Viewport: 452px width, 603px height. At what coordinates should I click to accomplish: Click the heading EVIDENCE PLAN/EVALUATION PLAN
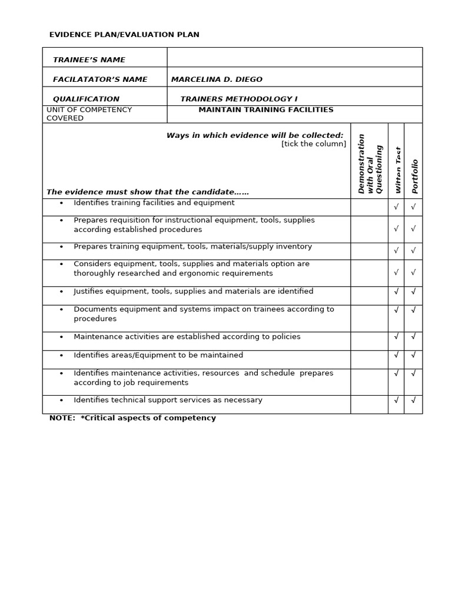click(x=124, y=35)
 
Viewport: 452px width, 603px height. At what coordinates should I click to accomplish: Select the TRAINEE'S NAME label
click(x=89, y=60)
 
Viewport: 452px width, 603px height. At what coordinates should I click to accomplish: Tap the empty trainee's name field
click(x=294, y=57)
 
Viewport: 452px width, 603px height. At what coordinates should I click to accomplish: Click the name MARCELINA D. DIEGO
click(x=217, y=79)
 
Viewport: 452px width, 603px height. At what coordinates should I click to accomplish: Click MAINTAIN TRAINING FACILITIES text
click(x=265, y=110)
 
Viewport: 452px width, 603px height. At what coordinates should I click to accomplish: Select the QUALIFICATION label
click(x=86, y=99)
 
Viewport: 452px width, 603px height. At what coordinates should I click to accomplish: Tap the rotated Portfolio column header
click(x=415, y=176)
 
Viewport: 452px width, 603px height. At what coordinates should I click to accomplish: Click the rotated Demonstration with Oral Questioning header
click(x=370, y=164)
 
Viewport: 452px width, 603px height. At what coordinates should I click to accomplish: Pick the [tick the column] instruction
click(x=314, y=144)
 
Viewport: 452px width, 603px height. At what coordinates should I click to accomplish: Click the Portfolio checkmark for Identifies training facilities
click(x=413, y=207)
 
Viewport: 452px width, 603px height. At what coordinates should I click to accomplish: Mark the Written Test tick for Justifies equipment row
click(x=396, y=291)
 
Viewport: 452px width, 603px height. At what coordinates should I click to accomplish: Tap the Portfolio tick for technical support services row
click(x=413, y=400)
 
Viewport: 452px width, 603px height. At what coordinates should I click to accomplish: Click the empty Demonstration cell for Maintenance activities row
click(x=369, y=341)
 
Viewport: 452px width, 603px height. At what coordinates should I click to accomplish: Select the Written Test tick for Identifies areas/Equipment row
click(x=396, y=354)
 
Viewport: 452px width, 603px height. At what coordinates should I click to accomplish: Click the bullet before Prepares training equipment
click(x=61, y=247)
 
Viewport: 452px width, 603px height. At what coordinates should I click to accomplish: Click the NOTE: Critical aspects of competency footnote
click(x=132, y=418)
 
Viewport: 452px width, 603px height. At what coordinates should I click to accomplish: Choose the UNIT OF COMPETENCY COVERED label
click(x=89, y=114)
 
